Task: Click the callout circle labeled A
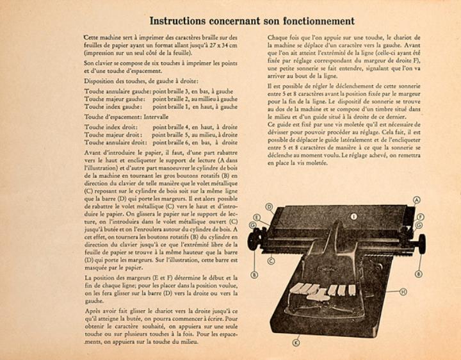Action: [417, 200]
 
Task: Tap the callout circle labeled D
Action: [270, 207]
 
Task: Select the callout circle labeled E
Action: [257, 218]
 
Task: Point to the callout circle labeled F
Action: [420, 217]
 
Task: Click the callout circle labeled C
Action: [271, 261]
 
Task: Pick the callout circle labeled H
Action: [403, 291]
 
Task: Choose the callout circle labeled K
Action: [296, 343]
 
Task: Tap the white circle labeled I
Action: [353, 217]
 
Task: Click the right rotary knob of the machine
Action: [421, 243]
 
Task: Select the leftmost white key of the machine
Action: [295, 288]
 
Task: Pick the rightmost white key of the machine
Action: [352, 290]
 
